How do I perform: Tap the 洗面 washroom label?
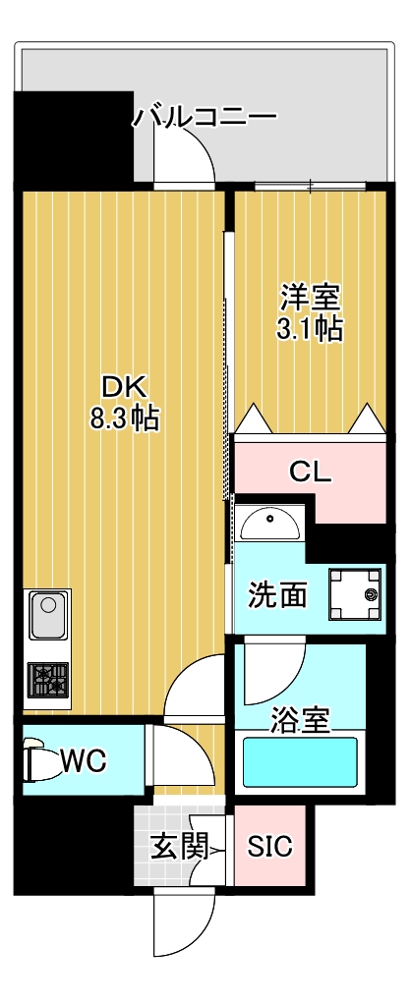[277, 594]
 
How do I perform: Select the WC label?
[84, 759]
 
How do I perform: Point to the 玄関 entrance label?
[178, 846]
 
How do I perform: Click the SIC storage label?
[269, 847]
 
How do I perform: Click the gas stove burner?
[47, 680]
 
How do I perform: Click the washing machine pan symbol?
[354, 594]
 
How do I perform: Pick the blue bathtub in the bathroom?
[299, 762]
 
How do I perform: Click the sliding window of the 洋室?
[310, 185]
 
